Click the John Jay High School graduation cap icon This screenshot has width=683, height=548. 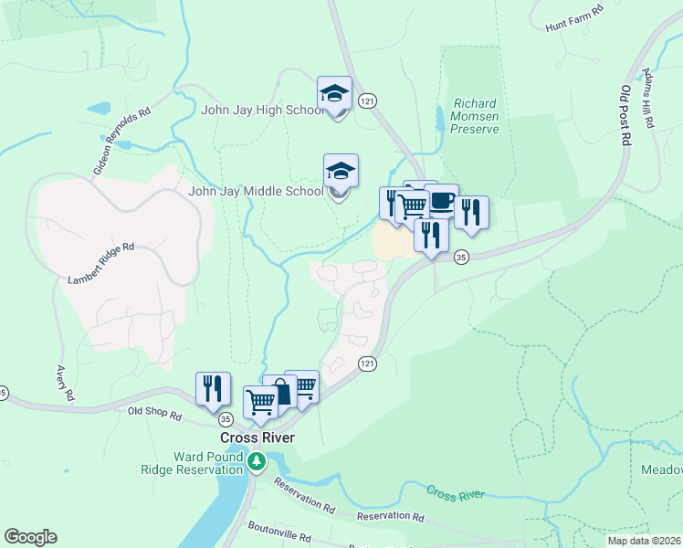(335, 93)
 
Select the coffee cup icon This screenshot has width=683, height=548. (442, 201)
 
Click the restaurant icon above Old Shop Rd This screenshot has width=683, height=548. (213, 388)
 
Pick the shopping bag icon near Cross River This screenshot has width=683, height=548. (281, 393)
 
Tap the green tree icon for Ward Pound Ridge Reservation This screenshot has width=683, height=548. (257, 463)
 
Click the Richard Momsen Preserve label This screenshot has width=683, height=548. (475, 117)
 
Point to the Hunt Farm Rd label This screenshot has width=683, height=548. (574, 16)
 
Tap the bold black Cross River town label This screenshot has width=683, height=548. (257, 437)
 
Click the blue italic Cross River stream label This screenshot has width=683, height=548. (454, 494)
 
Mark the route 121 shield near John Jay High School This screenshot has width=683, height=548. (366, 100)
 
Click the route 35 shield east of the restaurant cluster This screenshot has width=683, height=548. (462, 257)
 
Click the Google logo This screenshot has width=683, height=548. (30, 537)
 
